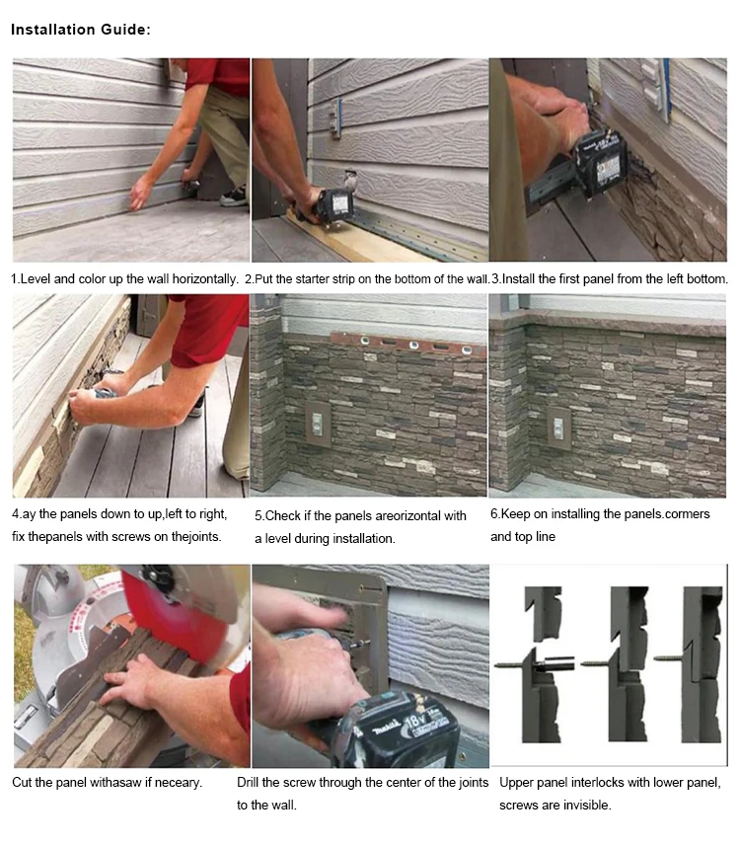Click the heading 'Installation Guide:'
click(x=81, y=30)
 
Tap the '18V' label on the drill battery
click(x=415, y=721)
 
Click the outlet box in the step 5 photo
click(x=318, y=424)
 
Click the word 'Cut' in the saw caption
click(x=22, y=782)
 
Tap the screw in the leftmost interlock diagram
click(x=513, y=664)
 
